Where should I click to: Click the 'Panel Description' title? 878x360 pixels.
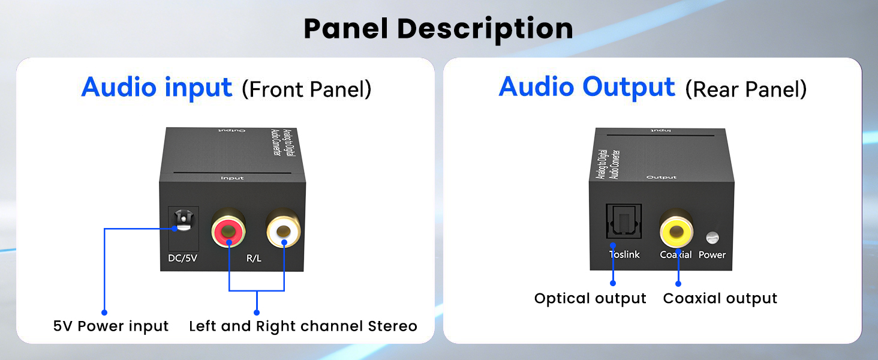(x=438, y=29)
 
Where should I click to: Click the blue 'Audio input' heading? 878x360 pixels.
(x=157, y=87)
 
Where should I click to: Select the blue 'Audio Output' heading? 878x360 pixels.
(x=587, y=87)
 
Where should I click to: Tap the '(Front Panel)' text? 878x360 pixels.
(x=306, y=89)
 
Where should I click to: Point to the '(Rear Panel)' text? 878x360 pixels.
(x=745, y=89)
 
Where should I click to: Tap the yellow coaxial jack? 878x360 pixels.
(x=677, y=229)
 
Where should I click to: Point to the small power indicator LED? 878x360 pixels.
(x=712, y=238)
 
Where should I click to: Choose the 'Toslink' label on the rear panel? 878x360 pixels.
(x=624, y=254)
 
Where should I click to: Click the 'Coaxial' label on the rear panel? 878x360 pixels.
(x=676, y=254)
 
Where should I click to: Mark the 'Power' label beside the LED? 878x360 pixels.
(x=712, y=254)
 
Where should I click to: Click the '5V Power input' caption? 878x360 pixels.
(x=111, y=326)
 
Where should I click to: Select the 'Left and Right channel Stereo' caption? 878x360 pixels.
(x=303, y=326)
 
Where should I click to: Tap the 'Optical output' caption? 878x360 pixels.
(x=590, y=299)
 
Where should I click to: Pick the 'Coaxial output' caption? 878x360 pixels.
(x=720, y=299)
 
